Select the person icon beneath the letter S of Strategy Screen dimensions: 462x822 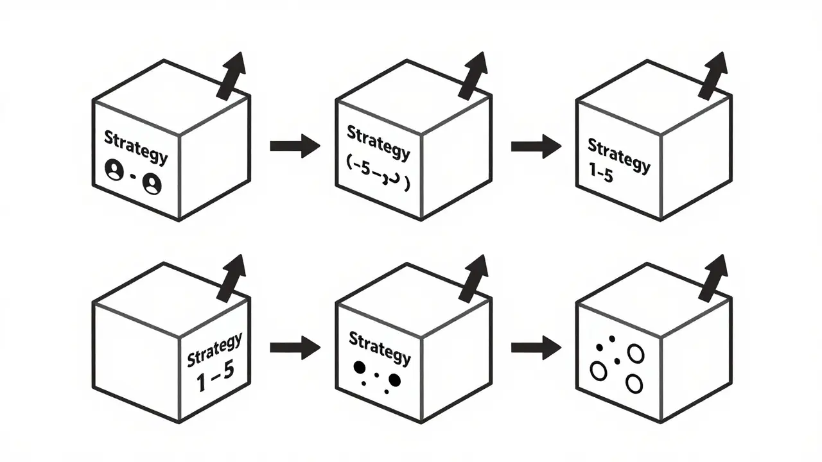coord(112,171)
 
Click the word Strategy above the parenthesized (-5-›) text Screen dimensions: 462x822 coord(378,142)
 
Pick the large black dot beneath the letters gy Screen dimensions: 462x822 coord(394,381)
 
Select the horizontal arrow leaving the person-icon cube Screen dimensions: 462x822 coord(295,146)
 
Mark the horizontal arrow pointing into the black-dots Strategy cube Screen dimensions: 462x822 coord(295,348)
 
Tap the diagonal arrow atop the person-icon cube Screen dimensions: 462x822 coord(231,76)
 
